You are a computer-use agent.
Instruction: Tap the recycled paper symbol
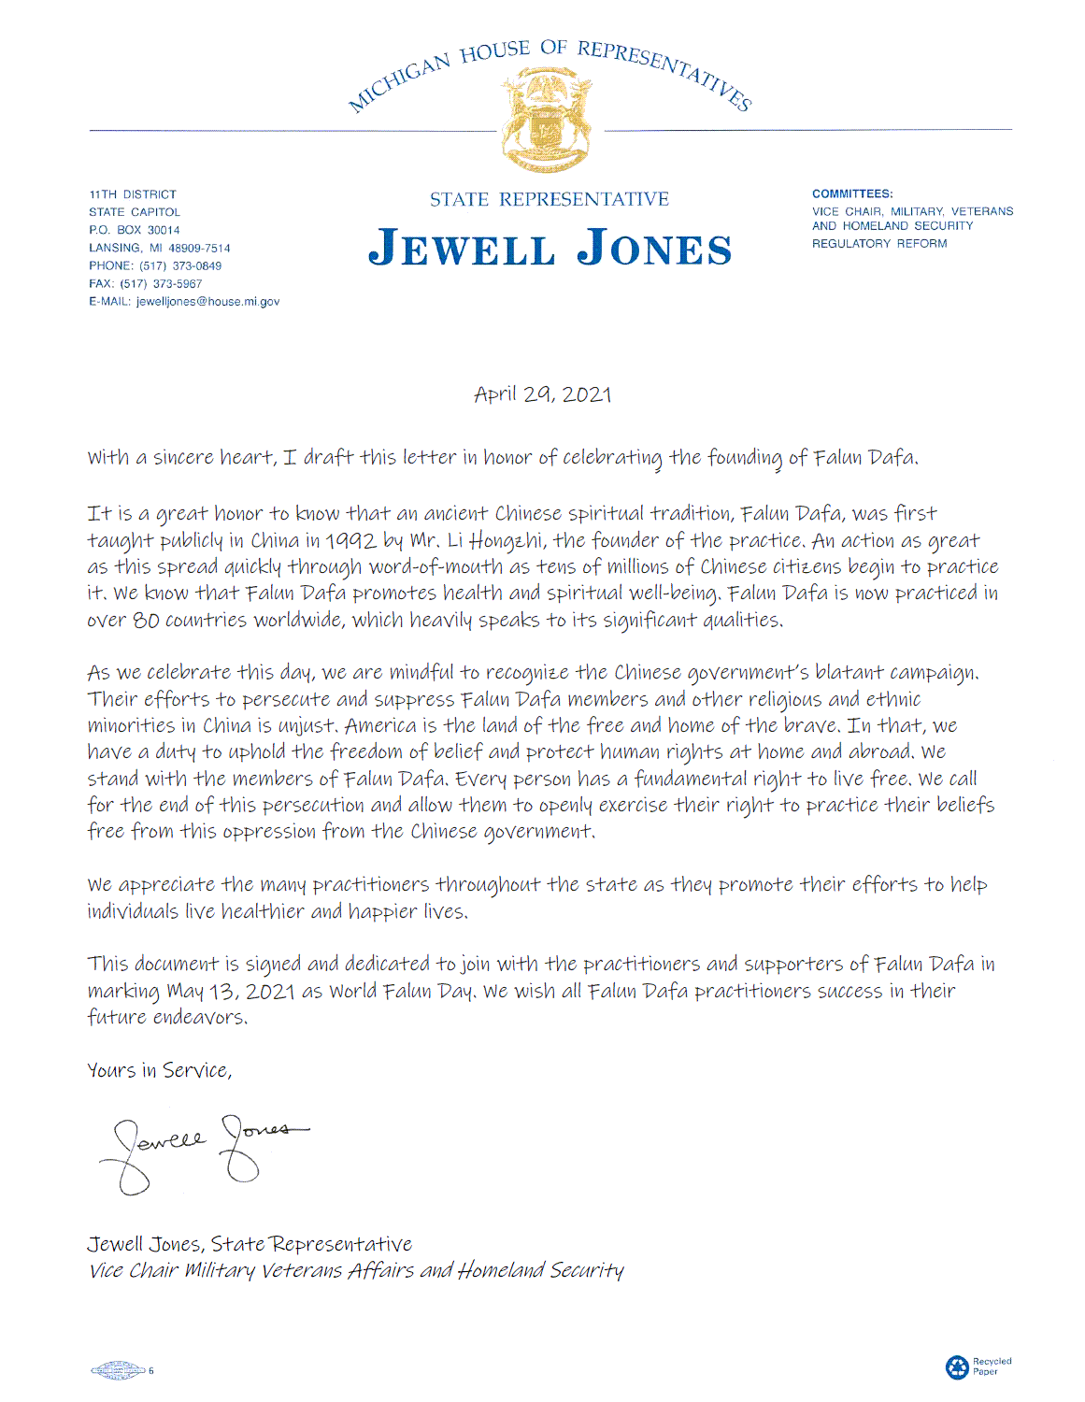click(957, 1367)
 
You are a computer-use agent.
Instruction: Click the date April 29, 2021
click(542, 394)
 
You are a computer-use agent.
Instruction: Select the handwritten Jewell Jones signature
click(201, 1147)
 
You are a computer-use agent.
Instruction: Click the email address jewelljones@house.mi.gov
click(207, 302)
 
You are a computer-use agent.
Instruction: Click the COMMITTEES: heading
click(852, 194)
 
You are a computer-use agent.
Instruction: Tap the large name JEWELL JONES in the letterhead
click(550, 249)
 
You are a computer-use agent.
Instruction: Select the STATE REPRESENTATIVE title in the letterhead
click(550, 199)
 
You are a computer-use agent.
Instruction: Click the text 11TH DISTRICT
click(133, 194)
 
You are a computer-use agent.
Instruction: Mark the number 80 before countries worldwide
click(146, 620)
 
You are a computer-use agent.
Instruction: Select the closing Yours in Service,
click(159, 1070)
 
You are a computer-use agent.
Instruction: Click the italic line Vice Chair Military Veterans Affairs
click(355, 1270)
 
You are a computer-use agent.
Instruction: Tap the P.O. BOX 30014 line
click(135, 230)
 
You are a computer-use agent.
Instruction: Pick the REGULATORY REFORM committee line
click(879, 244)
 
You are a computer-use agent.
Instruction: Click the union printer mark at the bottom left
click(118, 1371)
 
